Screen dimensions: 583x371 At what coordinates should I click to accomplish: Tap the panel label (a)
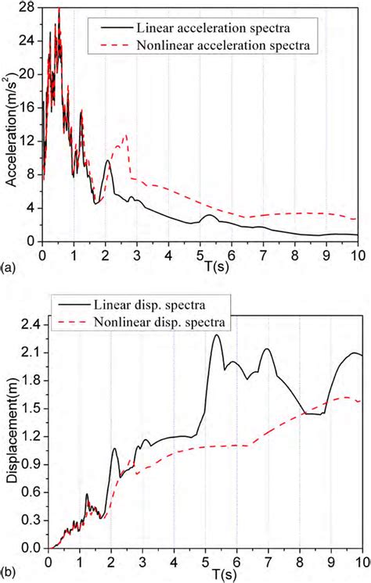(8, 267)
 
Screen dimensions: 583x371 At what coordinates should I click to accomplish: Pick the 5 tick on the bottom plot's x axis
(205, 561)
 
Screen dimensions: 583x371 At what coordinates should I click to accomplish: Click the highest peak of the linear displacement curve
(215, 334)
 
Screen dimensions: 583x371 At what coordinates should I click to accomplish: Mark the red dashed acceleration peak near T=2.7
(126, 134)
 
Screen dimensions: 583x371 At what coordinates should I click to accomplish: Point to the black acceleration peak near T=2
(108, 161)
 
